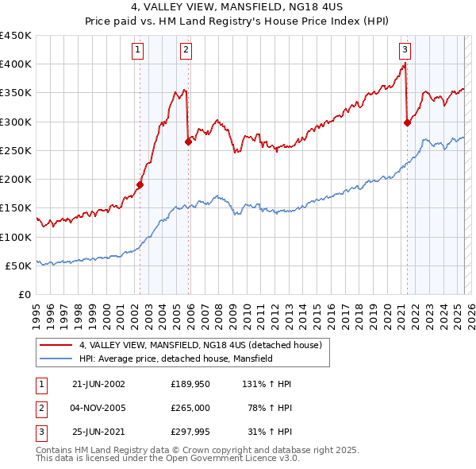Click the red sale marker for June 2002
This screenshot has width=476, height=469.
[x=140, y=184]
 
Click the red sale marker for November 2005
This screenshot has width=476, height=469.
[x=188, y=141]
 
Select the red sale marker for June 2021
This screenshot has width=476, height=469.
[x=407, y=122]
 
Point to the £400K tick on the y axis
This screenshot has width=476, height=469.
[x=16, y=64]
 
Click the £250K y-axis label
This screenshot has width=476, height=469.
[x=16, y=150]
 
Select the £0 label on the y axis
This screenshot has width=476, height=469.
[x=24, y=294]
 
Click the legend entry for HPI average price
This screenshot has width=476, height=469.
[x=175, y=359]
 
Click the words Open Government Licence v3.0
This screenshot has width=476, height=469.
[x=236, y=459]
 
